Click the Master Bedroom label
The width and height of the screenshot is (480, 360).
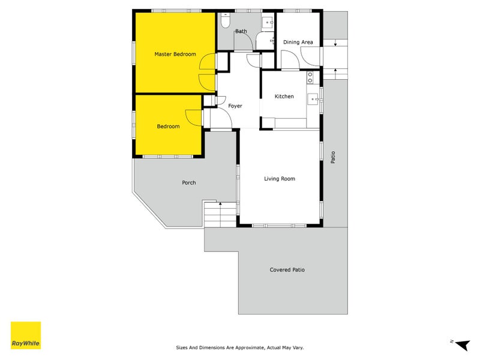click(x=175, y=54)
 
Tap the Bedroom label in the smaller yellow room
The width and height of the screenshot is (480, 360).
click(x=168, y=126)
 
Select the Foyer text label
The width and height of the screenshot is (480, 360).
click(x=235, y=106)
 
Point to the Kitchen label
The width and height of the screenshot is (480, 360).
click(x=284, y=97)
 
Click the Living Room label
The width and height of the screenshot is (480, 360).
click(x=280, y=179)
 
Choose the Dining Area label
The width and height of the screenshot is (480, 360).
click(x=298, y=42)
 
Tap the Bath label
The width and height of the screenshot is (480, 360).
click(x=241, y=31)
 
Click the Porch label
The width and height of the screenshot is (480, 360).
click(x=188, y=183)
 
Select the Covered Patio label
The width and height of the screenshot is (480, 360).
click(x=287, y=270)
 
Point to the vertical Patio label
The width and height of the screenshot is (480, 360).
click(x=333, y=156)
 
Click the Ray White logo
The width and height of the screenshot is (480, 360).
click(x=26, y=335)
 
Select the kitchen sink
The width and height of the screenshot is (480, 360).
click(x=313, y=99)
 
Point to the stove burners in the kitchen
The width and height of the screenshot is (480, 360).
click(x=310, y=77)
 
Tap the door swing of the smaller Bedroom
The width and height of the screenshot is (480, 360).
click(x=194, y=117)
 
